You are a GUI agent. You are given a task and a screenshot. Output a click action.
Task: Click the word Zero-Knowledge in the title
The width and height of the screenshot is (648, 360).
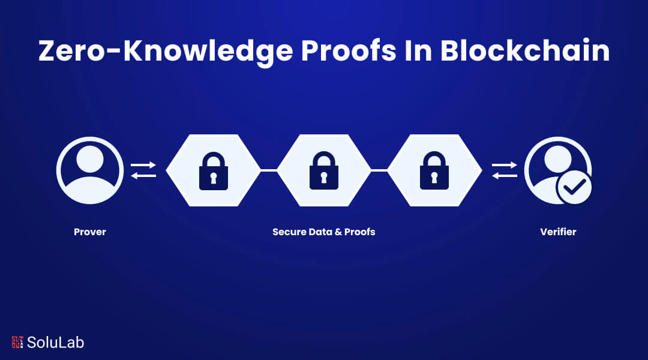coord(166,52)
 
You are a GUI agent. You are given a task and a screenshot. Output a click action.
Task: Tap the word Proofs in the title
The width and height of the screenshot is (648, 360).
coord(349,51)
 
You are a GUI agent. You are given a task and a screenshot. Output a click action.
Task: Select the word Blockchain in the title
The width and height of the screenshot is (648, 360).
coord(525,51)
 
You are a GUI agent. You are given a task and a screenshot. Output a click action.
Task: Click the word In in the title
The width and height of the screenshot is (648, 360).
coord(418,51)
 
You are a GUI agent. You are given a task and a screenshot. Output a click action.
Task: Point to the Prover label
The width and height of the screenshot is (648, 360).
coord(89,232)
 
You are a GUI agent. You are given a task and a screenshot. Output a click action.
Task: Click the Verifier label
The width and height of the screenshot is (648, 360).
coord(558,232)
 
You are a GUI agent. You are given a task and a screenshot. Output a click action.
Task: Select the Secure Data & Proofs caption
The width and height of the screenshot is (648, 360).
coord(323,232)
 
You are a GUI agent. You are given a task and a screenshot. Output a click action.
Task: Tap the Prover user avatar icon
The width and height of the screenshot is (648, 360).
coord(89,170)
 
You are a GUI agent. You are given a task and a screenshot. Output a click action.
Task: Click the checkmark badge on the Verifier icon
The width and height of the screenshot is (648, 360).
coord(574,187)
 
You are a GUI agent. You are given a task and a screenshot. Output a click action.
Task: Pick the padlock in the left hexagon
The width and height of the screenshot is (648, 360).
coord(213,171)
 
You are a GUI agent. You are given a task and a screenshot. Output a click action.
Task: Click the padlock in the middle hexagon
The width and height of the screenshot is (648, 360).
coord(323,171)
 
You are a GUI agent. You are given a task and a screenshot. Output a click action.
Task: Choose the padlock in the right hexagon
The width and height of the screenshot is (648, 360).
coord(434,171)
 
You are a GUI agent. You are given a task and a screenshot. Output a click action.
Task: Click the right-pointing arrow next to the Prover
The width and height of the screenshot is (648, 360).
coord(143,165)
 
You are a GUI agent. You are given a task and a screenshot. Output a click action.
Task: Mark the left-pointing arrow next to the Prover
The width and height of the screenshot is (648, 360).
coord(143,176)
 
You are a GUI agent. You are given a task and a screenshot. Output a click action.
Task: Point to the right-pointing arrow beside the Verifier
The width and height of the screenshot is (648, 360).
coord(505,165)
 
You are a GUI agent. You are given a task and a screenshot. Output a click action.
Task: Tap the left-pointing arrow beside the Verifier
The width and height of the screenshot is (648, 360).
coord(505,176)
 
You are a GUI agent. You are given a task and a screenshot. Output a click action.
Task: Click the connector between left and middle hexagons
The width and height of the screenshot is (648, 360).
coord(269,170)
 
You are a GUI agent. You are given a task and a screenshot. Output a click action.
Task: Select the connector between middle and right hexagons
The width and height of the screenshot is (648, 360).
coord(379,170)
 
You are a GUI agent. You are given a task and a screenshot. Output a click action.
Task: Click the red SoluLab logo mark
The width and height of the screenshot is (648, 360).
coord(17,342)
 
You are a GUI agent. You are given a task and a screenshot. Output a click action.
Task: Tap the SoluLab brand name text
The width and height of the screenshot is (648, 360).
coord(55,342)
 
